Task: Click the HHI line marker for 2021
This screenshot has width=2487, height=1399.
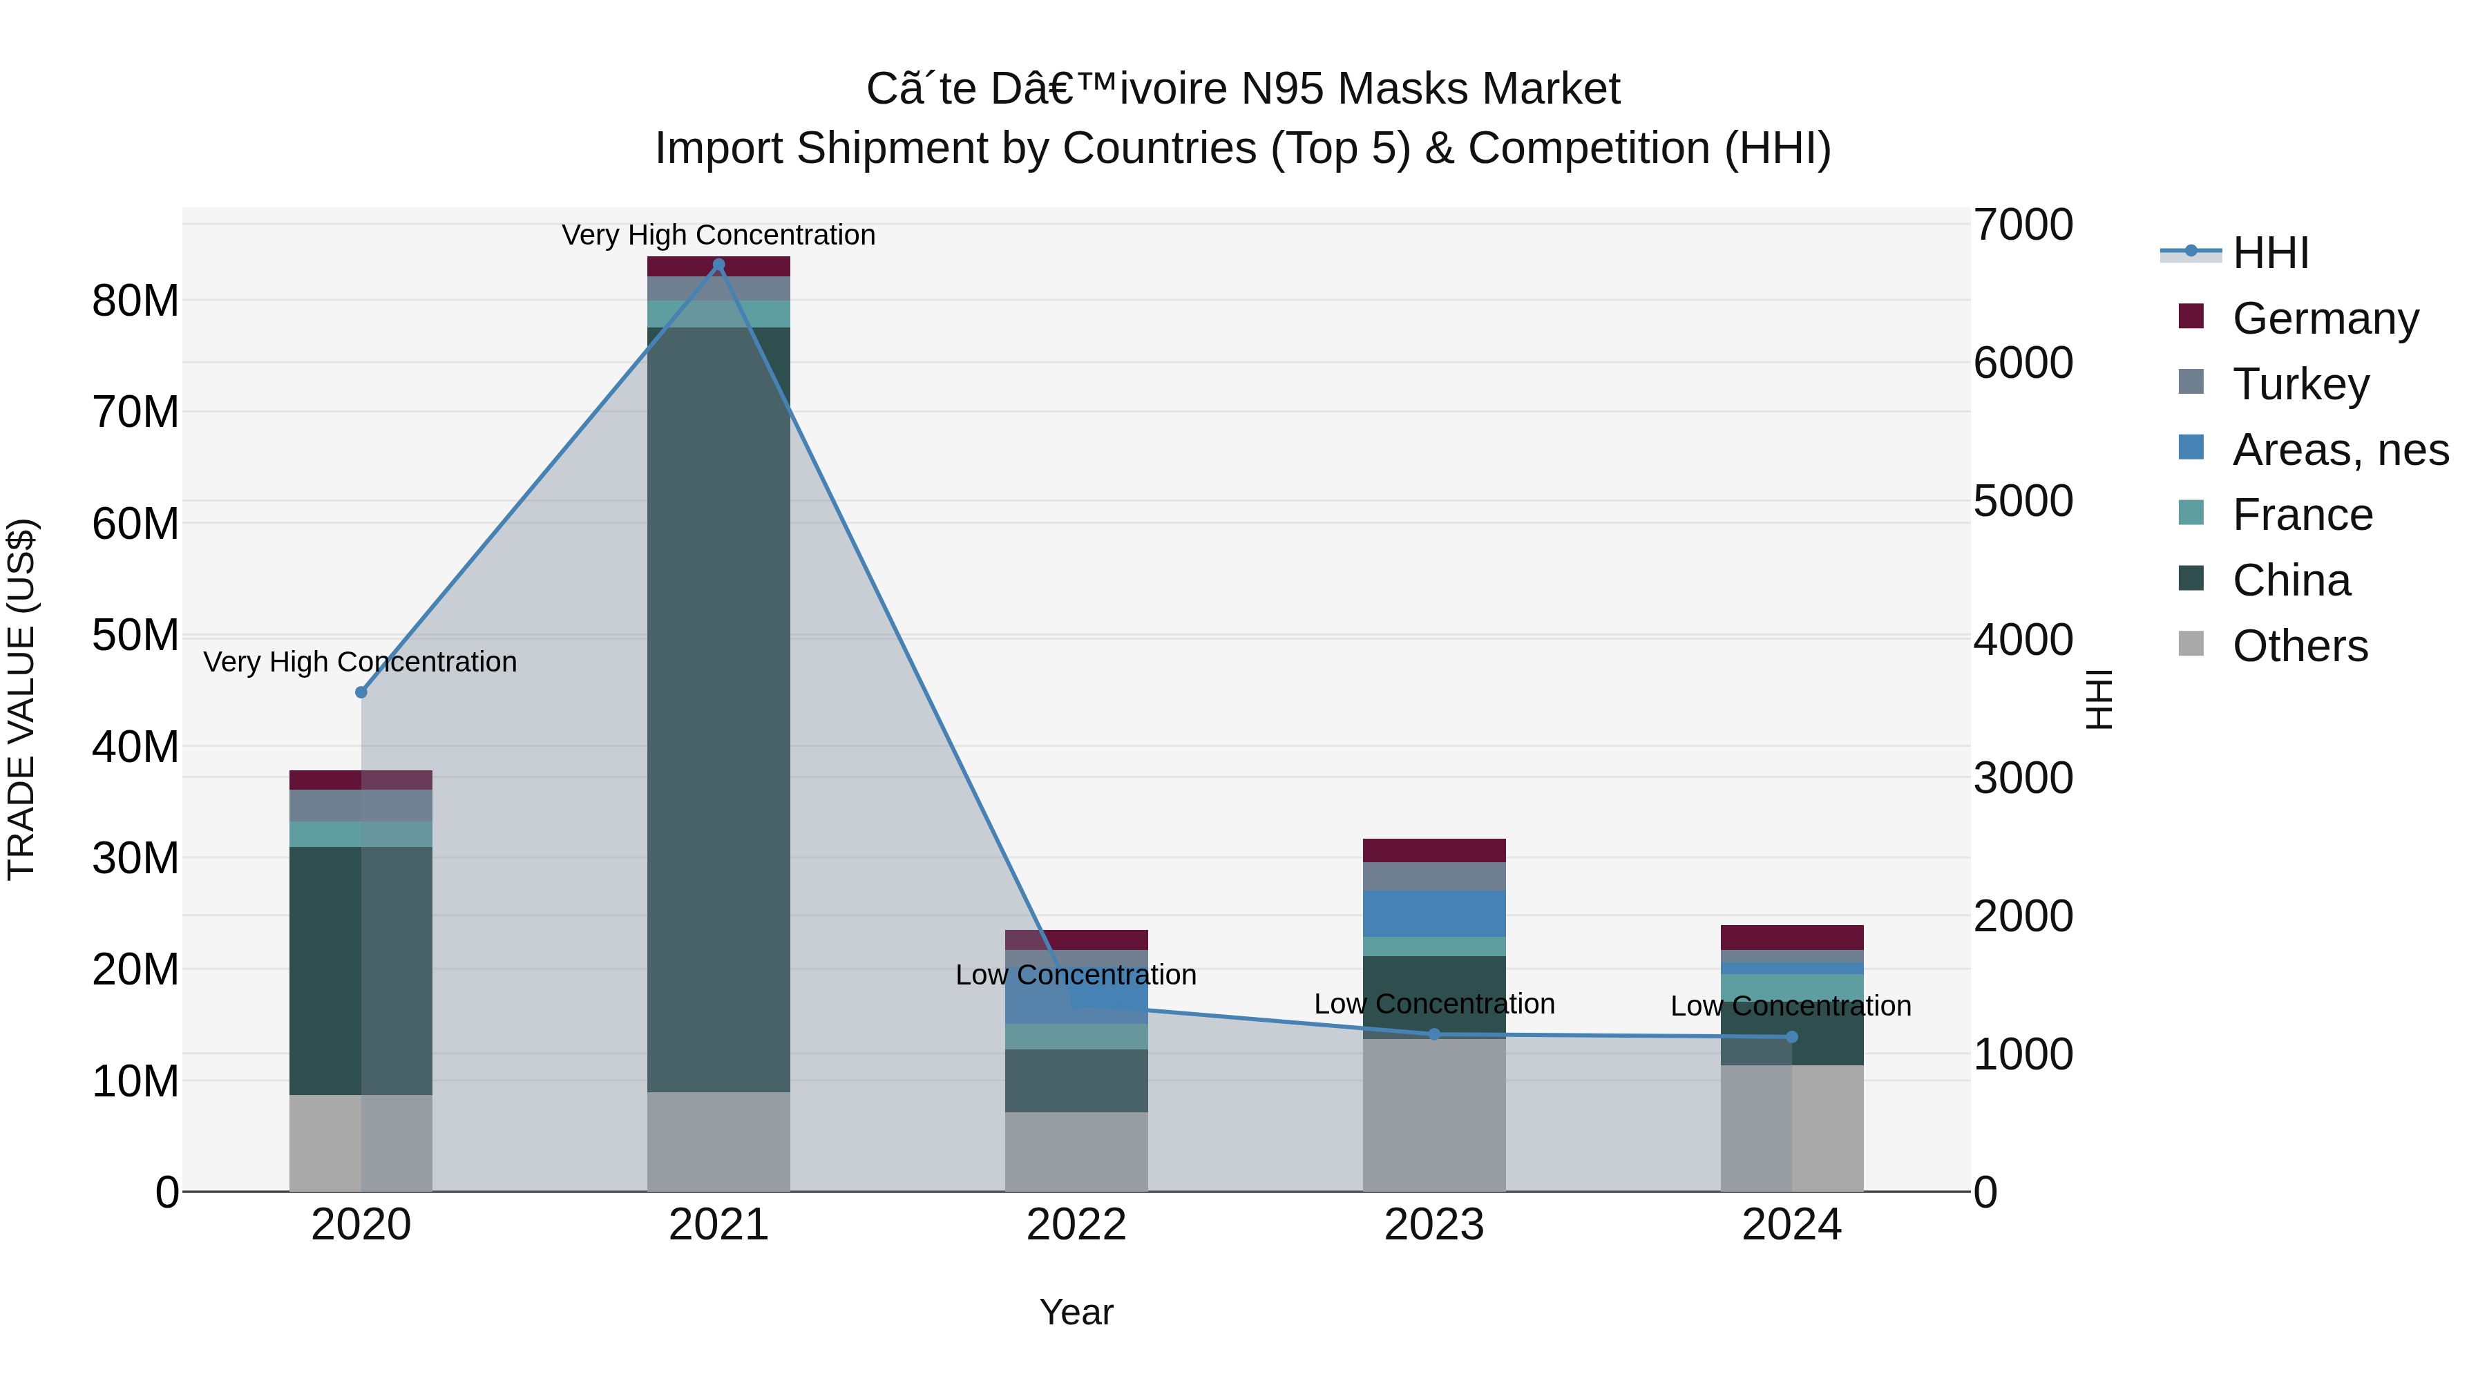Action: [x=718, y=265]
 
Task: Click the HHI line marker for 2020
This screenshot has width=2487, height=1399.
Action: [x=361, y=692]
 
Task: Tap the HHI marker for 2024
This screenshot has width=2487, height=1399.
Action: [x=1792, y=1037]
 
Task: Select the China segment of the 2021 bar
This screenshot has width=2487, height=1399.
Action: [x=718, y=710]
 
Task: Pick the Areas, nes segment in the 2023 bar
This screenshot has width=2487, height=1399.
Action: [x=1433, y=913]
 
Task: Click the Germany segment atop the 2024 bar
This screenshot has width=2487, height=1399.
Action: [x=1792, y=938]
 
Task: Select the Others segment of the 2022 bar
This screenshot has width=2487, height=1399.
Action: [x=1076, y=1152]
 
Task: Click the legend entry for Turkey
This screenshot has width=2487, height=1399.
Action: [x=2300, y=384]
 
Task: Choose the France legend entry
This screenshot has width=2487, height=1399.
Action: [x=2303, y=515]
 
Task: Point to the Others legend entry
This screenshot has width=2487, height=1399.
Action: [x=2300, y=646]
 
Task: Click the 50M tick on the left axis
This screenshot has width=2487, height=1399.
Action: [x=135, y=636]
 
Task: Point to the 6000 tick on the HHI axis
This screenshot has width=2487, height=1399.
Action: [x=2023, y=363]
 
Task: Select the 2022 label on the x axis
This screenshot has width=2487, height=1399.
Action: [x=1076, y=1225]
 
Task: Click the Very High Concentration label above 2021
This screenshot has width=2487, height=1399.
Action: [x=718, y=235]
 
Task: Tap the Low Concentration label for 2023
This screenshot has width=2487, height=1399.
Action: [x=1433, y=1004]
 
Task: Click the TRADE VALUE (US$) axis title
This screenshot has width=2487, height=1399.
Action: [x=21, y=699]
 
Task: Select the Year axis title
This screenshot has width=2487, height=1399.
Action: [x=1076, y=1312]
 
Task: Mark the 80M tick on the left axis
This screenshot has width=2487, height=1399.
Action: [x=135, y=301]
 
